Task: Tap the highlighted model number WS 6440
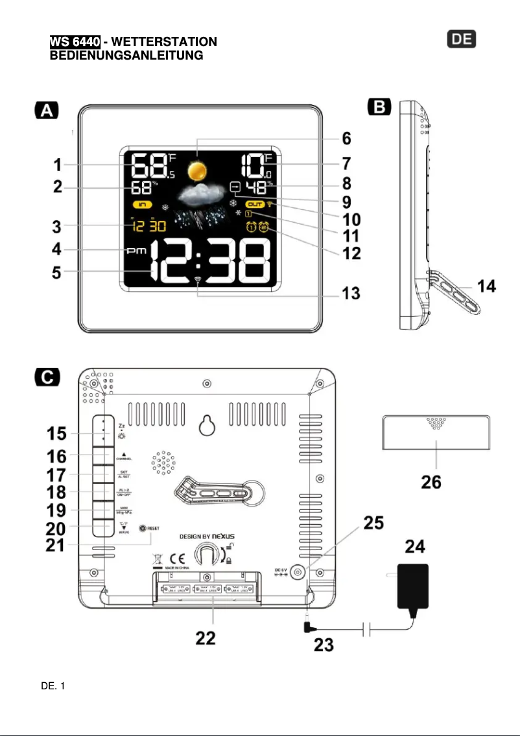(x=75, y=42)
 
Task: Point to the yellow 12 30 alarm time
(x=147, y=226)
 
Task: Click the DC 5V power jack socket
(x=299, y=572)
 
